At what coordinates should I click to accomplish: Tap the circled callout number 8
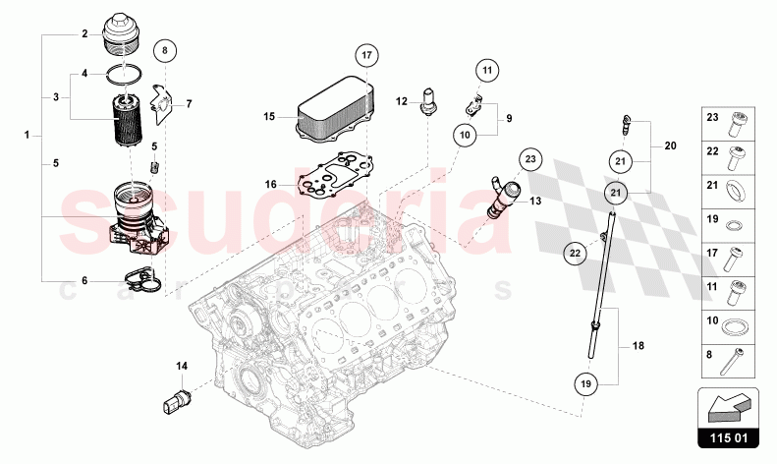click(x=165, y=49)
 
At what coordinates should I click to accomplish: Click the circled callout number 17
click(x=365, y=55)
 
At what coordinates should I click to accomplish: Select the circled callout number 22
click(x=577, y=253)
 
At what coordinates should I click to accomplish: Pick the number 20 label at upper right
click(x=670, y=145)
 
